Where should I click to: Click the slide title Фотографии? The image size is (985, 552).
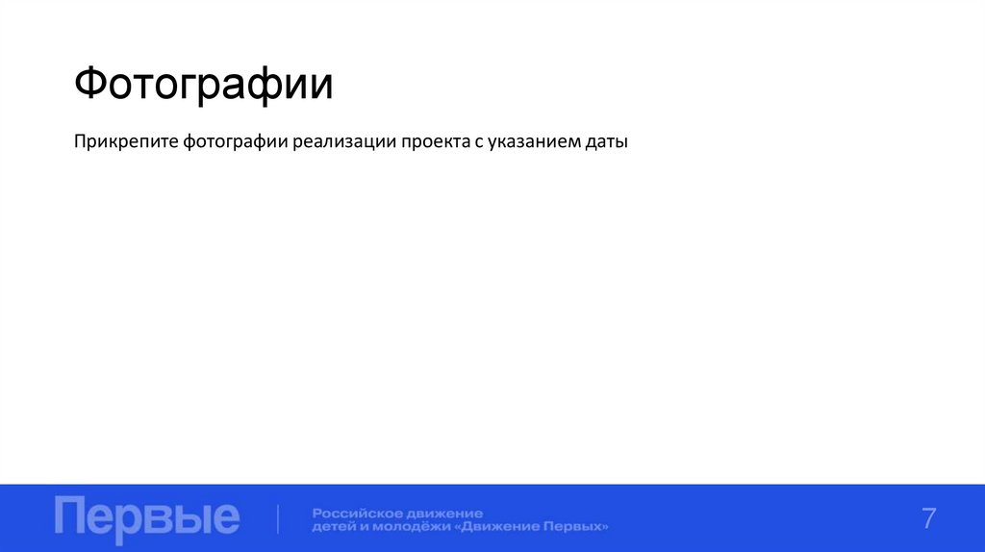tap(204, 86)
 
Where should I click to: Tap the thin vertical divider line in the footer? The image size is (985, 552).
tap(278, 518)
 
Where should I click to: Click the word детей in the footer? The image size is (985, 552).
tap(332, 527)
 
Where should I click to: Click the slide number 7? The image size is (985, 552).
tap(928, 517)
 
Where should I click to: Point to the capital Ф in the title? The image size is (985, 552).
tap(90, 86)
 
